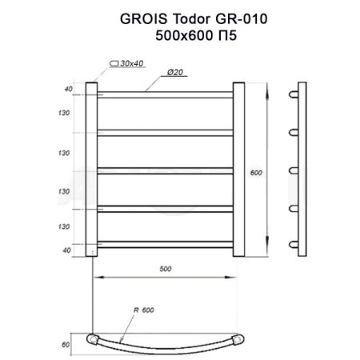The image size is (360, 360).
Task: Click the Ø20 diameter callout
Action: click(x=176, y=74)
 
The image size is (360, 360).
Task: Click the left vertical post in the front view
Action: click(x=90, y=169)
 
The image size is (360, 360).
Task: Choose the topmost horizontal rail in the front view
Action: click(x=165, y=95)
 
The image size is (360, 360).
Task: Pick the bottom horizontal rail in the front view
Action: click(x=165, y=242)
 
